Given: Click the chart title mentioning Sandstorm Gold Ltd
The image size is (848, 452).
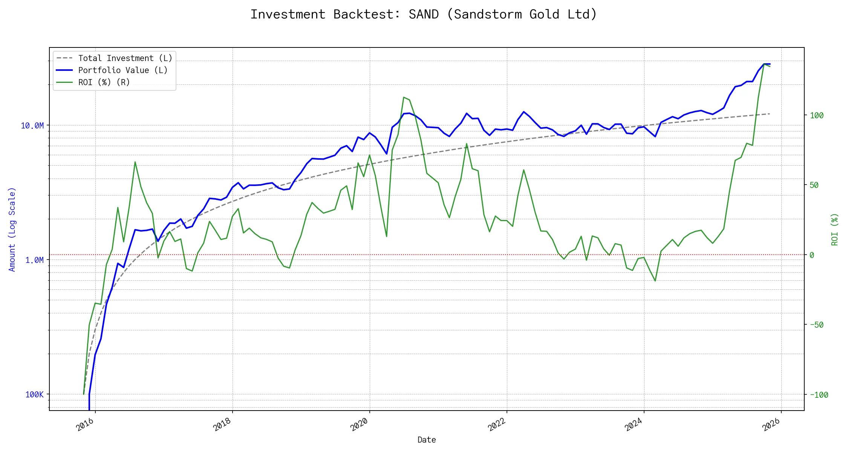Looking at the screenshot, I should (424, 14).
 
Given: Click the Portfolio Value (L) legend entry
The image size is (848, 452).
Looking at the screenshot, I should (123, 70).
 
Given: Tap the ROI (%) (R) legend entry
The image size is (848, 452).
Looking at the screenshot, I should (104, 82).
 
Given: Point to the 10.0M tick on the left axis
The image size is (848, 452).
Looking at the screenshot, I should (32, 126).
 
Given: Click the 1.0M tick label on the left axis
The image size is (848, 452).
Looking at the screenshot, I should (35, 260).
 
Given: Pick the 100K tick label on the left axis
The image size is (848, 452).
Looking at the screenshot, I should (35, 395).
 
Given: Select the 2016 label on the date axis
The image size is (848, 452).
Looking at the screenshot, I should (85, 425).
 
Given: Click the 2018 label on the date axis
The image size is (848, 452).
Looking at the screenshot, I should (222, 425).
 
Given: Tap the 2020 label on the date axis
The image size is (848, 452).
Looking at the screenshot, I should (360, 425).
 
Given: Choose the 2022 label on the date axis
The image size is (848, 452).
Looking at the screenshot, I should (497, 425).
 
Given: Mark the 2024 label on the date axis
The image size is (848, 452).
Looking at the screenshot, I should (634, 425).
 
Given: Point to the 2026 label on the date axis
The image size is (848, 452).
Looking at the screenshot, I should (771, 425).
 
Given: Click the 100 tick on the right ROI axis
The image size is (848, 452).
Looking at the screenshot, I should (817, 116).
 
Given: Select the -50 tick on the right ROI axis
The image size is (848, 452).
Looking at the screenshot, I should (817, 325).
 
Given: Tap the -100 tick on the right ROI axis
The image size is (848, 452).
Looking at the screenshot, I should (819, 395).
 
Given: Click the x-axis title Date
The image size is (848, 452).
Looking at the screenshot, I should (427, 440).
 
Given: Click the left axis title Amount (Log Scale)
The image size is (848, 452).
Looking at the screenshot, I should (12, 229).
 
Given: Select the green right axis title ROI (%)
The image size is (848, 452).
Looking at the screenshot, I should (835, 229).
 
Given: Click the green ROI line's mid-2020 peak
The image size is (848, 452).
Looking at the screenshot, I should (404, 97).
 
